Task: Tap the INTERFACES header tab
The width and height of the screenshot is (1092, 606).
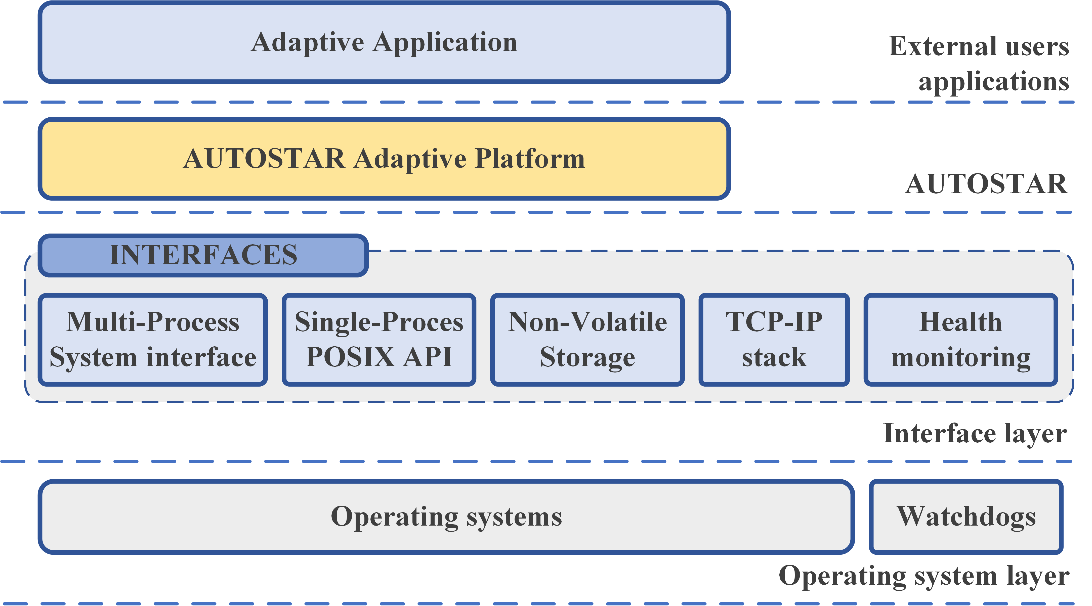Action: (x=203, y=255)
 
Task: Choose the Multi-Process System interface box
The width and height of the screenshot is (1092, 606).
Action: (x=153, y=339)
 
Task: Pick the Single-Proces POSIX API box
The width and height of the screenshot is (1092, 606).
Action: (x=379, y=339)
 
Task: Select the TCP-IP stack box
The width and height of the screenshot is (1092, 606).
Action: (x=774, y=339)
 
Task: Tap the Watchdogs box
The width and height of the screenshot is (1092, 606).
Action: (x=966, y=517)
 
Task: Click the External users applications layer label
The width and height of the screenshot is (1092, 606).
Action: (x=979, y=64)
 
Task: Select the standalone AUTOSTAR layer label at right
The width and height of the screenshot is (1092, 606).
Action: (x=986, y=184)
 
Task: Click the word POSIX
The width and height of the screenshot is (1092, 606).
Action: (x=350, y=357)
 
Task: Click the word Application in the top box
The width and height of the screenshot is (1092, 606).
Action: (x=445, y=42)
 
